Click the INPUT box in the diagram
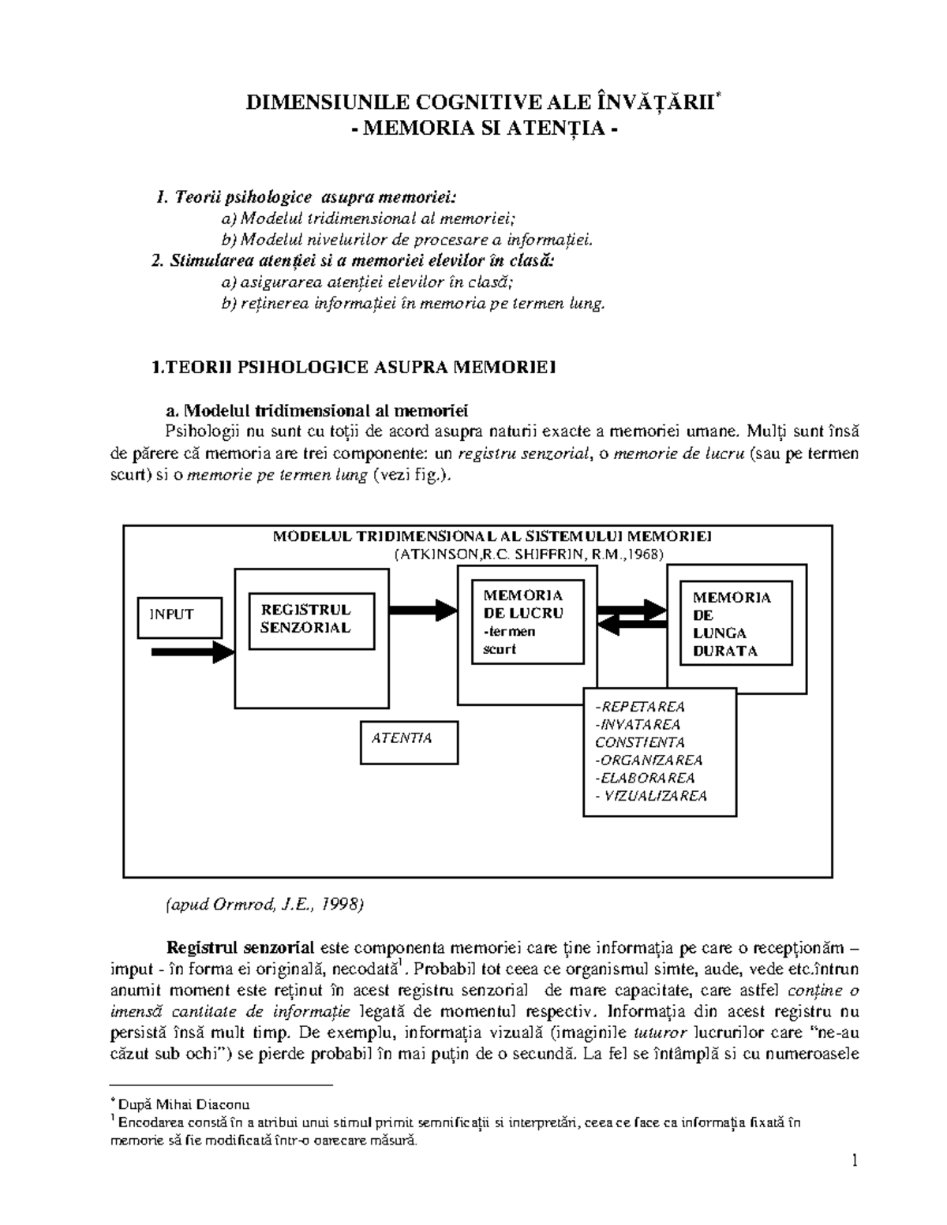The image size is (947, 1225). pos(179,616)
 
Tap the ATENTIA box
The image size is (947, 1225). pos(409,741)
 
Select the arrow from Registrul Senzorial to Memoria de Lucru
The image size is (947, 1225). pos(423,608)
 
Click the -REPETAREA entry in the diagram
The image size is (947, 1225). pos(640,707)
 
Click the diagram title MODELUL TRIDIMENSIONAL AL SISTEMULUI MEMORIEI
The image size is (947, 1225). pos(492,536)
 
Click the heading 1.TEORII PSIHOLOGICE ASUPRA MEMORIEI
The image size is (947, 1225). pos(353,367)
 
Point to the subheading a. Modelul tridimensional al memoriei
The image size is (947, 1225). pos(316,410)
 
